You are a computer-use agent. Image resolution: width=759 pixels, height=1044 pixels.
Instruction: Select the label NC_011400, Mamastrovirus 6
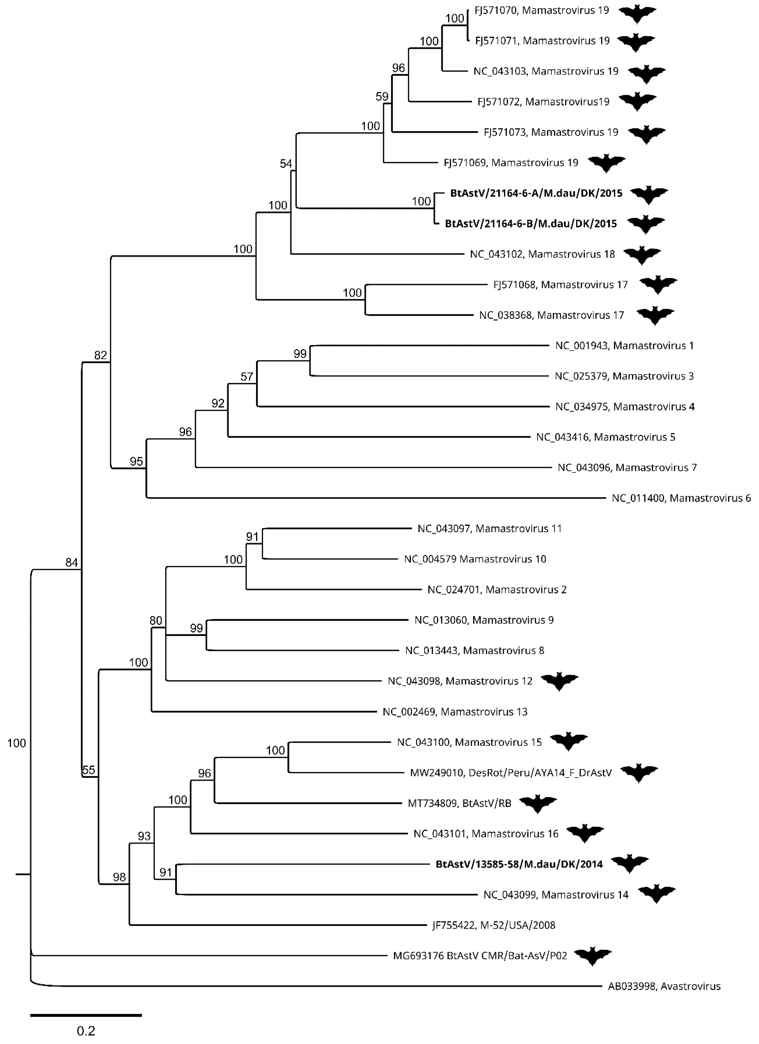pyautogui.click(x=681, y=498)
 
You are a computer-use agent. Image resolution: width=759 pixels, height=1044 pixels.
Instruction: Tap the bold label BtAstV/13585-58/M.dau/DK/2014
pyautogui.click(x=519, y=864)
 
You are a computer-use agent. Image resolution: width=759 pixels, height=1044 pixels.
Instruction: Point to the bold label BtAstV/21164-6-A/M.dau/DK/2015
pyautogui.click(x=536, y=193)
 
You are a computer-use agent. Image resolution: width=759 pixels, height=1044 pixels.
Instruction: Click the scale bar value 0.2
pyautogui.click(x=86, y=1031)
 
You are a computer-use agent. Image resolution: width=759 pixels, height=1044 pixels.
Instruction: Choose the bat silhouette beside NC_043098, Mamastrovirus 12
pyautogui.click(x=559, y=681)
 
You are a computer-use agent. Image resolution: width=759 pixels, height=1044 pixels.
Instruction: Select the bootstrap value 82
pyautogui.click(x=100, y=355)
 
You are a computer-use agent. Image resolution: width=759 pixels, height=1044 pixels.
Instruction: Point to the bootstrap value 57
pyautogui.click(x=247, y=377)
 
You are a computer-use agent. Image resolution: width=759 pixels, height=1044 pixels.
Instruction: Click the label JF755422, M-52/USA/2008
pyautogui.click(x=493, y=925)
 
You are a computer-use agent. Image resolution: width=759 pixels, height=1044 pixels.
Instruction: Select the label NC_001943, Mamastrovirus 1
pyautogui.click(x=624, y=346)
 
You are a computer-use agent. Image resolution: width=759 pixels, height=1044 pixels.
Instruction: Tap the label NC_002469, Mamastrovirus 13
pyautogui.click(x=455, y=712)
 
